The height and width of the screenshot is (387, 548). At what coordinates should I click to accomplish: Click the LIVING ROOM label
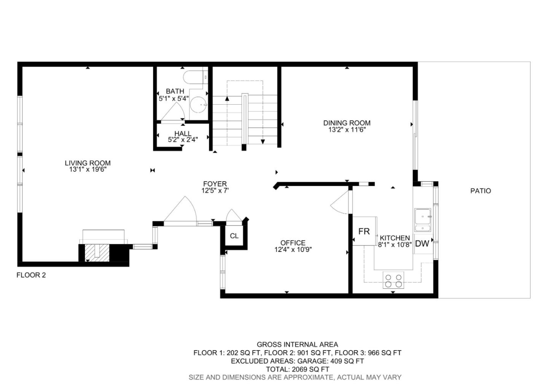click(88, 163)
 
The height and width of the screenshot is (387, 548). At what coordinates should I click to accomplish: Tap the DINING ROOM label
click(347, 123)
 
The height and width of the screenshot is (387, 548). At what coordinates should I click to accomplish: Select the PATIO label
click(481, 191)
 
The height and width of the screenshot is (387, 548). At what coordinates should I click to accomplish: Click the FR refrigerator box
click(364, 231)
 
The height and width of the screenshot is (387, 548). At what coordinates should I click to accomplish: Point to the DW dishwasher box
click(422, 244)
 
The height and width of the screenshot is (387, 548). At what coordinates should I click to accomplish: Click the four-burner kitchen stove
click(393, 280)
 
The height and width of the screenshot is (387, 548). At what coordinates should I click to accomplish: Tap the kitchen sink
click(422, 220)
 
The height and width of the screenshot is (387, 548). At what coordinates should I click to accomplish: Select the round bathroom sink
click(198, 105)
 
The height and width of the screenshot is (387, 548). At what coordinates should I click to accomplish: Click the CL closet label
click(234, 236)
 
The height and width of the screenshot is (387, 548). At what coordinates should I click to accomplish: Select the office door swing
click(341, 202)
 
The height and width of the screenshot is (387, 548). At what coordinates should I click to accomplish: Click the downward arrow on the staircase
click(263, 142)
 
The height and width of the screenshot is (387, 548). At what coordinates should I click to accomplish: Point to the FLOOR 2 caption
click(31, 275)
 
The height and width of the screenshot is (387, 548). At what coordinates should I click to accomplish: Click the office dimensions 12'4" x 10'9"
click(293, 250)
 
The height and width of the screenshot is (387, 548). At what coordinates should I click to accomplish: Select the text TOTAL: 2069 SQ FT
click(297, 369)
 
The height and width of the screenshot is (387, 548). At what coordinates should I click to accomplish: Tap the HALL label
click(183, 134)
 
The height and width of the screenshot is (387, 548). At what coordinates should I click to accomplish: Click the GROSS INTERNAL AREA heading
click(297, 345)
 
